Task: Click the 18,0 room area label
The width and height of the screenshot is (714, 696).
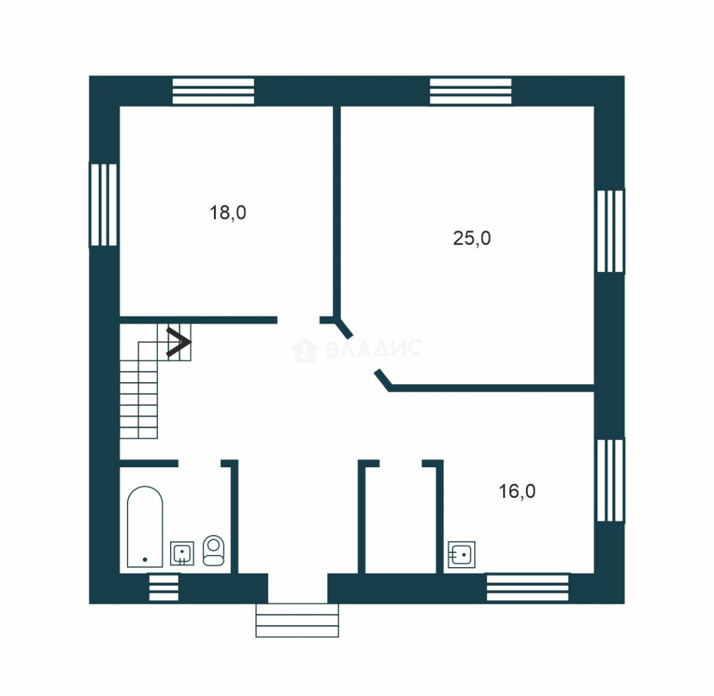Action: pyautogui.click(x=227, y=213)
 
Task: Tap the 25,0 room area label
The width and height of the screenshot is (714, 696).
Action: pyautogui.click(x=472, y=238)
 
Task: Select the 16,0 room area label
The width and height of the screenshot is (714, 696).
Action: pyautogui.click(x=517, y=491)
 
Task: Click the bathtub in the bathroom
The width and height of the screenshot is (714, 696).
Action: pyautogui.click(x=145, y=527)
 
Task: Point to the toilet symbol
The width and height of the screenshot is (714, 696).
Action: pyautogui.click(x=213, y=550)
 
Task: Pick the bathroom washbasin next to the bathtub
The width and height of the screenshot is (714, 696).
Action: pyautogui.click(x=182, y=554)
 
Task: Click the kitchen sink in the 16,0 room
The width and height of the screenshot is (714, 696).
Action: pyautogui.click(x=462, y=554)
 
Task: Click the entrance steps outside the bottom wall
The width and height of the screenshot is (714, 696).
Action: pyautogui.click(x=297, y=621)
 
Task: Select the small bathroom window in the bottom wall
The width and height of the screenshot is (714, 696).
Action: pyautogui.click(x=164, y=588)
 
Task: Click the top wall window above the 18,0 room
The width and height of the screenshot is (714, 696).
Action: pyautogui.click(x=213, y=91)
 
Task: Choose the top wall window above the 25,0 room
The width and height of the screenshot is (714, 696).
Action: pyautogui.click(x=471, y=91)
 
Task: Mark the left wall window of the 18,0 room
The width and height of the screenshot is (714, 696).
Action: pyautogui.click(x=103, y=205)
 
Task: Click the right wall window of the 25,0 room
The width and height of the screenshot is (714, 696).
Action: pyautogui.click(x=610, y=231)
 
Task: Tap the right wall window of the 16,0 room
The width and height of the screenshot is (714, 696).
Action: pyautogui.click(x=610, y=480)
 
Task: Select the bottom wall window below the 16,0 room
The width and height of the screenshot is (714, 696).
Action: pyautogui.click(x=528, y=587)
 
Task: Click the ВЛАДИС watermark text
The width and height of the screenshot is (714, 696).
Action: pyautogui.click(x=374, y=349)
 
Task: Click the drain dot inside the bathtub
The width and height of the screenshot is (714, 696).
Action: pyautogui.click(x=145, y=559)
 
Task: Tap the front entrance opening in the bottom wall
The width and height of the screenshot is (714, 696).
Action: pyautogui.click(x=298, y=588)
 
